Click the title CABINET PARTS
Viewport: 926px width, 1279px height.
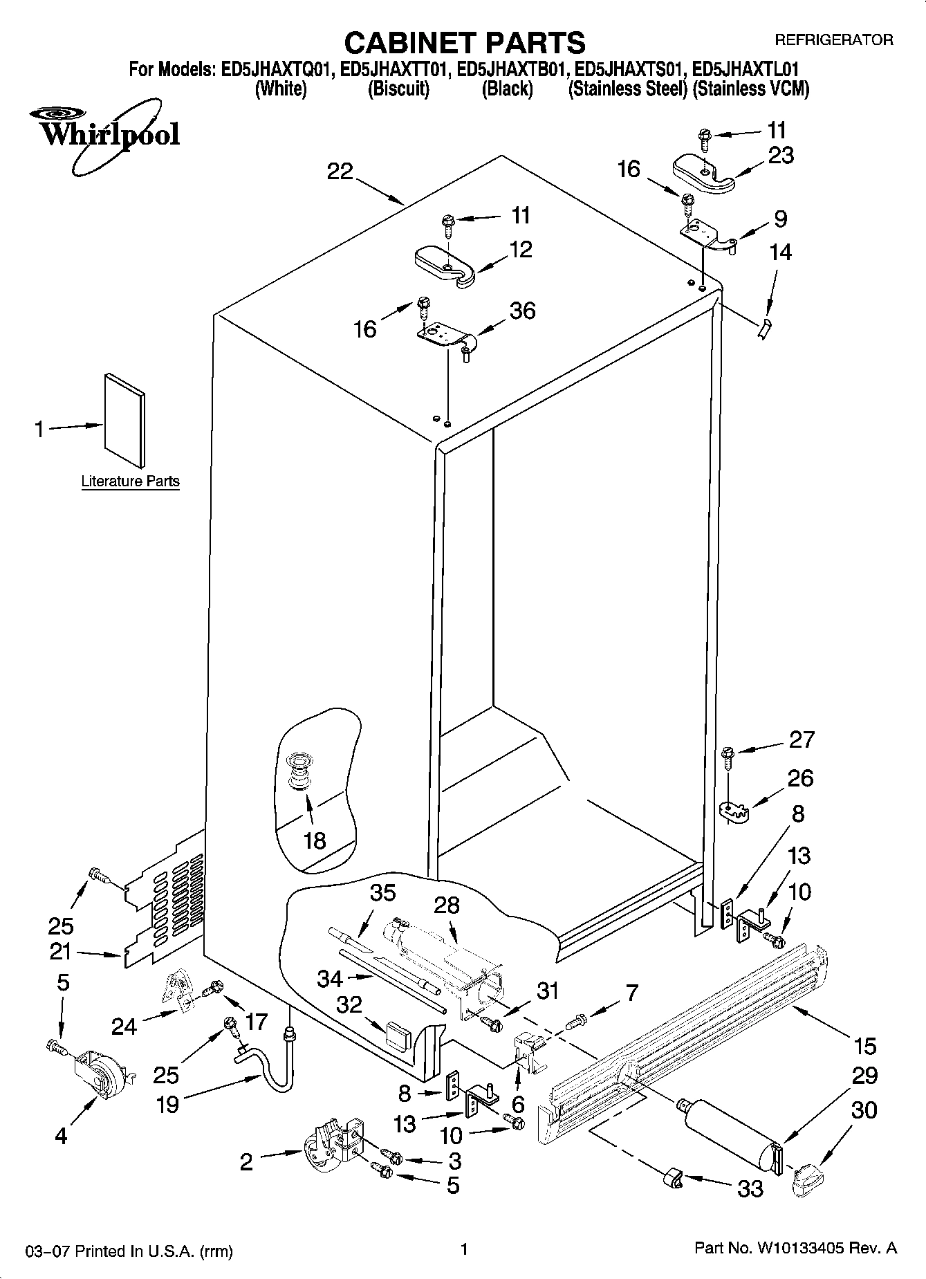click(464, 43)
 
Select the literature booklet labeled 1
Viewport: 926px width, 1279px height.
click(125, 420)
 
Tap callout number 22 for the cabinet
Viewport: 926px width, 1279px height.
click(340, 171)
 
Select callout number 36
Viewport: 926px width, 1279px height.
click(522, 311)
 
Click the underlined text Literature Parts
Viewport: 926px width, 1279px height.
click(130, 481)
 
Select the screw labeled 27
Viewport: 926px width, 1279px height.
click(728, 755)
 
